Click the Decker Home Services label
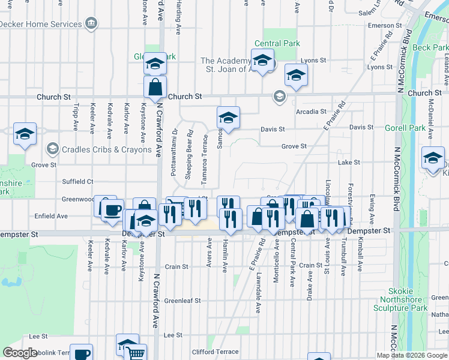41,24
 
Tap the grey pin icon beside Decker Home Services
91,24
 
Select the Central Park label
276,43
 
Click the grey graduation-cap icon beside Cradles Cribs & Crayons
53,149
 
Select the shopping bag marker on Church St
155,88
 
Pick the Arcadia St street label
311,112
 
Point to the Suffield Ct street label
78,181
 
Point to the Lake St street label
349,163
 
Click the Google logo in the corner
20,353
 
